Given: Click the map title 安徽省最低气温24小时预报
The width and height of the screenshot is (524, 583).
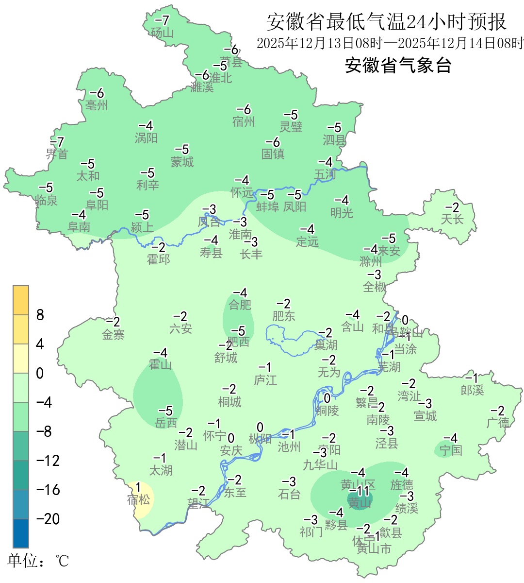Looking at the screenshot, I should [x=386, y=22].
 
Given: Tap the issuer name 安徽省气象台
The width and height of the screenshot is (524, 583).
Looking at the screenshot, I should [x=398, y=65].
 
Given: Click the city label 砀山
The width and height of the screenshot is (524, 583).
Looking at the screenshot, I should [x=162, y=33].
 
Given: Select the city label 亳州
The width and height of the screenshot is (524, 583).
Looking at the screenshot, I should [x=96, y=105].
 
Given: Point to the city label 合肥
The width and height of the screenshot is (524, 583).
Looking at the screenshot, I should [x=240, y=305].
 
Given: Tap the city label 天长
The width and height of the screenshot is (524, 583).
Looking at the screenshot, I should [x=452, y=220].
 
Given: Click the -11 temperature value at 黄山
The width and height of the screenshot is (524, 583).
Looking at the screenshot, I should [x=360, y=491].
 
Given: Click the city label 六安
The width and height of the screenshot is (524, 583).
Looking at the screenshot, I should [x=180, y=329].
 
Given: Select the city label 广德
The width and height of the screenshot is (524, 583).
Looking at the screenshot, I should [x=498, y=423].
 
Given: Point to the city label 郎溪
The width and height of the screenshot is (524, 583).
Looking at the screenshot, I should [x=472, y=390].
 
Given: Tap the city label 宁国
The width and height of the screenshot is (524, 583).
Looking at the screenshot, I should [x=451, y=450].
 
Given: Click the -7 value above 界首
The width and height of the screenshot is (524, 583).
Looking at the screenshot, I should [x=57, y=142].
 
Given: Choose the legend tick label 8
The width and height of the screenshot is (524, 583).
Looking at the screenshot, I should [x=40, y=315].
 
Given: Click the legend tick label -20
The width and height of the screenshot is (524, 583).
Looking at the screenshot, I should [x=48, y=519].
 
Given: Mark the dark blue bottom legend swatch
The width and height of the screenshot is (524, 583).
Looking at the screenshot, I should [x=21, y=533].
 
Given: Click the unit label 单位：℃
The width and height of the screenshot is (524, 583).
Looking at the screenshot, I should [x=38, y=561].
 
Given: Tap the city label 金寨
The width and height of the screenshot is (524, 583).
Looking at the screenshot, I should [x=113, y=334].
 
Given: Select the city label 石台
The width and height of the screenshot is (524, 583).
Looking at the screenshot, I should [x=289, y=494].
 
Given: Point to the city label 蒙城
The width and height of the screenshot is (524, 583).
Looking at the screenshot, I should [x=182, y=162].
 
